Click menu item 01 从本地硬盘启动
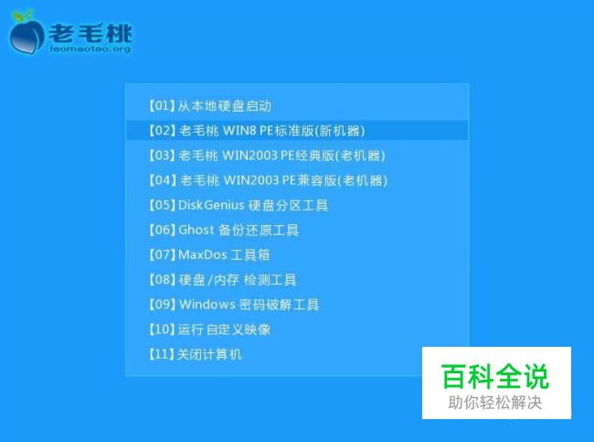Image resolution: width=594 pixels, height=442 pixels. [x=209, y=106]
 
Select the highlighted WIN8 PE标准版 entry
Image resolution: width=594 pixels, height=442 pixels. [x=257, y=131]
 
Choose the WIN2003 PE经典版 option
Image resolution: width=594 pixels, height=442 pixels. [x=267, y=156]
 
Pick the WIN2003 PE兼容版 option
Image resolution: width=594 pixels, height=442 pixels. [x=268, y=180]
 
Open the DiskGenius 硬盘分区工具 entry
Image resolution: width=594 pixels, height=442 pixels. [x=238, y=205]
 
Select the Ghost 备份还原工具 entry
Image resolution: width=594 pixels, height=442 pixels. [x=224, y=230]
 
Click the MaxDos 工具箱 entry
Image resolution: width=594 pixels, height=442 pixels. [x=208, y=254]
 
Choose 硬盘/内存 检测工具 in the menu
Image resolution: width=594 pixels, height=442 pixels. [x=222, y=280]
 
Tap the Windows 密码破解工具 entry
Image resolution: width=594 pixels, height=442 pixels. [x=234, y=305]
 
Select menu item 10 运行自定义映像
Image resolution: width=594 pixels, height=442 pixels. [x=209, y=329]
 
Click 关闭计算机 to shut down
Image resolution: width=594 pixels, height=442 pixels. [x=195, y=354]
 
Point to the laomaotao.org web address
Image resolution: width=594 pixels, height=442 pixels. [x=90, y=49]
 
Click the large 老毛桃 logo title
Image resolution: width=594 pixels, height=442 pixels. [x=90, y=33]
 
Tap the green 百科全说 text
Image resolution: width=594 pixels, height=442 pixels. [x=495, y=376]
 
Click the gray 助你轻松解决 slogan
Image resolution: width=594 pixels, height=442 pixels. [x=495, y=403]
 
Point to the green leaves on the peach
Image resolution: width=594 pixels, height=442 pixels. [x=22, y=16]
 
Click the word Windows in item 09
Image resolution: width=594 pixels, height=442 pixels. [x=207, y=305]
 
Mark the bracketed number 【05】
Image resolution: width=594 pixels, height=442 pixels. [x=162, y=205]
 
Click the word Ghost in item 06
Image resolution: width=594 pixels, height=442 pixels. [x=196, y=230]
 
